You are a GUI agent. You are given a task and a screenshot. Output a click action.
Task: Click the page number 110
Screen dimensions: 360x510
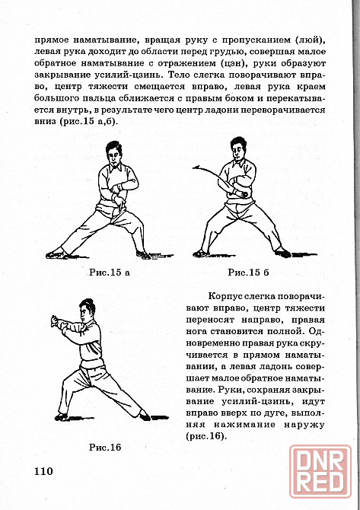point(43,470)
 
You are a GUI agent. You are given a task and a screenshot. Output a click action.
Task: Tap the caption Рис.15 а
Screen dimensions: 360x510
point(110,273)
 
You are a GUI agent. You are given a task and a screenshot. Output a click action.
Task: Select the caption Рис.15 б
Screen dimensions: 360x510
point(248,273)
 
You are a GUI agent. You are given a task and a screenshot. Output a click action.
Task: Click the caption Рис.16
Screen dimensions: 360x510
point(105,448)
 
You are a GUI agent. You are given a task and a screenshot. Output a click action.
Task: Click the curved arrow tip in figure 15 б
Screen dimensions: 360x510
point(194,167)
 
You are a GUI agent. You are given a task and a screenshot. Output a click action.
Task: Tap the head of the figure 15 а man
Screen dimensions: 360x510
point(113,154)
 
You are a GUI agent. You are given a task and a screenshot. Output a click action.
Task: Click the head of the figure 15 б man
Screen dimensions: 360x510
point(238,148)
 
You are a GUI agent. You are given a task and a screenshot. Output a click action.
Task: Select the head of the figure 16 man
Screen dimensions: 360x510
point(87,311)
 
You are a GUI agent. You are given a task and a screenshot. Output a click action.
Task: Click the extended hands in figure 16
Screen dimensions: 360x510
point(56,321)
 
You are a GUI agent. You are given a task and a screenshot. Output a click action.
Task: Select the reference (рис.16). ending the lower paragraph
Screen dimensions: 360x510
point(205,436)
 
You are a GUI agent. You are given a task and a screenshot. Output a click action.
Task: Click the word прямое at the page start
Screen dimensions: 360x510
point(51,40)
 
